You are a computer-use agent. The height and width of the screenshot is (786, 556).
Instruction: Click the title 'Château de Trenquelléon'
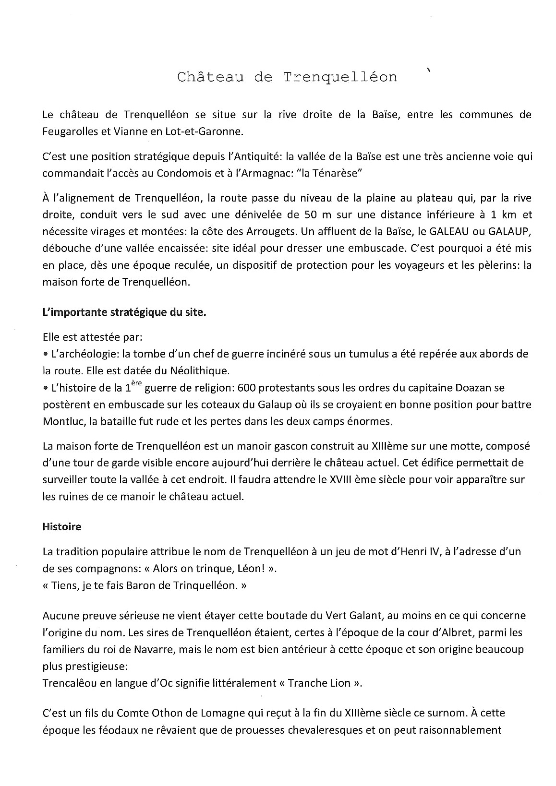[x=287, y=77]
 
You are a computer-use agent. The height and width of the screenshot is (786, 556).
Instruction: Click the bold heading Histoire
[x=62, y=526]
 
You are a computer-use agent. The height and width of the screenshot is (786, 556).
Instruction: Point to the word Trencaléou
[x=68, y=683]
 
